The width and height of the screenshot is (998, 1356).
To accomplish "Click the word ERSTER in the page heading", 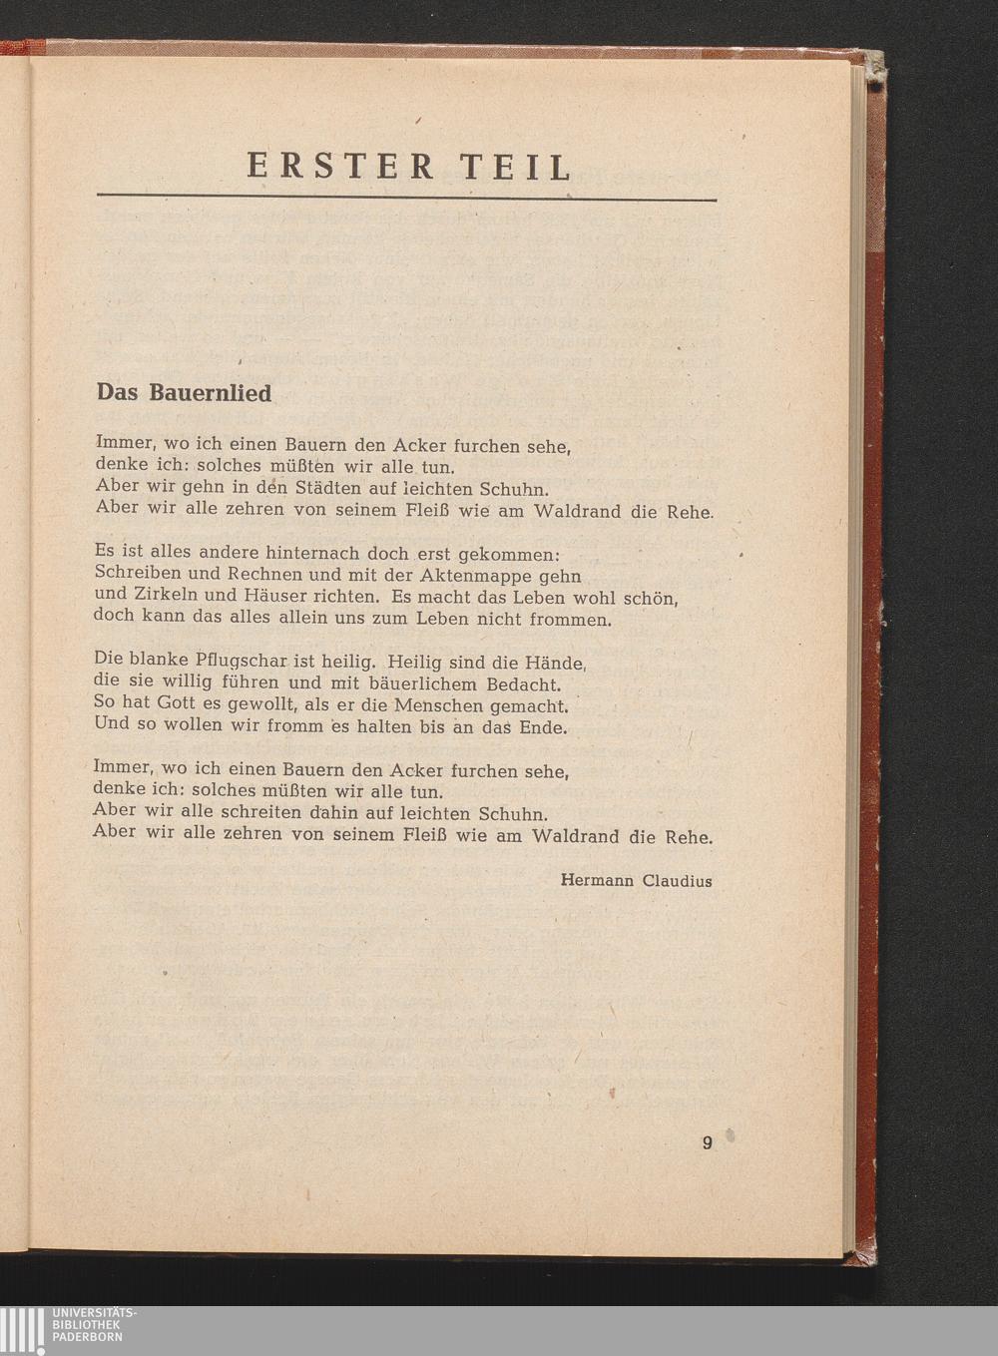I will coord(340,166).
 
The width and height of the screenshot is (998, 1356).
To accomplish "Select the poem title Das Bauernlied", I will coord(184,393).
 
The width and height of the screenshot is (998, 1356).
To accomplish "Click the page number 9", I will coord(708,1143).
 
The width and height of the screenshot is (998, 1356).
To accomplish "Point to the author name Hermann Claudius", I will coord(636,881).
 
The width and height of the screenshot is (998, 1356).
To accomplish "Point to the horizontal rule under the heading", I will coord(406,200).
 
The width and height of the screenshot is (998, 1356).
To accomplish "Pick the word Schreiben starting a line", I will coord(138,576).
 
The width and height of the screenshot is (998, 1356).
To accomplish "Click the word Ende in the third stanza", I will coord(543,727).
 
